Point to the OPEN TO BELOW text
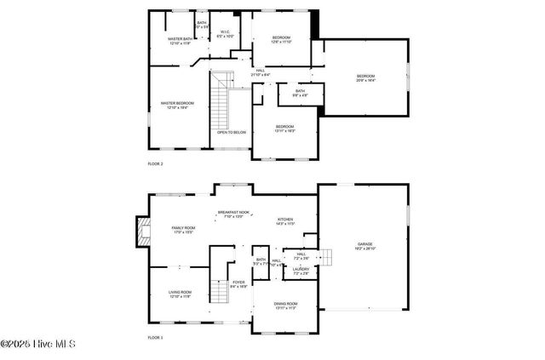(231, 132)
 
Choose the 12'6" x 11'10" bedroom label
(281, 38)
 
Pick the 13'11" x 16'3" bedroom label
(284, 128)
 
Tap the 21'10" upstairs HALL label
(260, 72)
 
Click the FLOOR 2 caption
(155, 163)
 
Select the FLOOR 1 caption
(155, 338)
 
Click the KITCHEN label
(285, 221)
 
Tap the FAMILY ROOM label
(183, 229)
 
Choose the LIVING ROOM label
(180, 294)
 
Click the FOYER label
(238, 283)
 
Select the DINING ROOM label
(285, 305)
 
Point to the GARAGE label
(364, 246)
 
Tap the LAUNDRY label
(301, 271)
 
